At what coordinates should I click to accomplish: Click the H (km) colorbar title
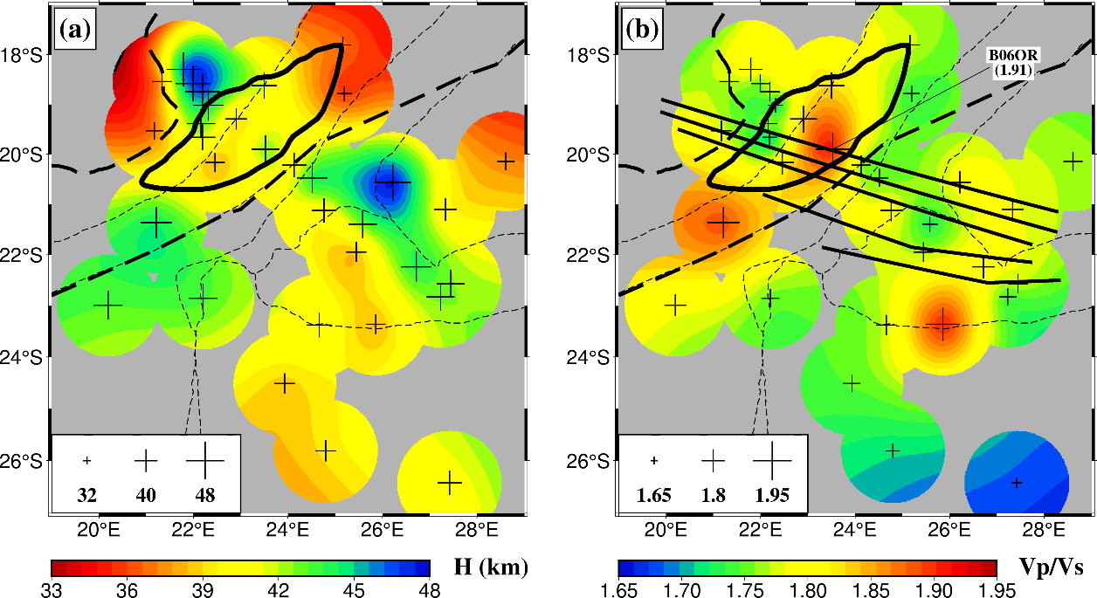(x=491, y=568)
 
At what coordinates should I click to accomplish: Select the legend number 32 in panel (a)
(x=86, y=496)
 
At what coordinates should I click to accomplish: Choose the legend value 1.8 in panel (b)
(x=713, y=496)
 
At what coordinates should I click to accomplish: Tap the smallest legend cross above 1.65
(x=654, y=460)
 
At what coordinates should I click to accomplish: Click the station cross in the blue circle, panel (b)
(x=1017, y=483)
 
